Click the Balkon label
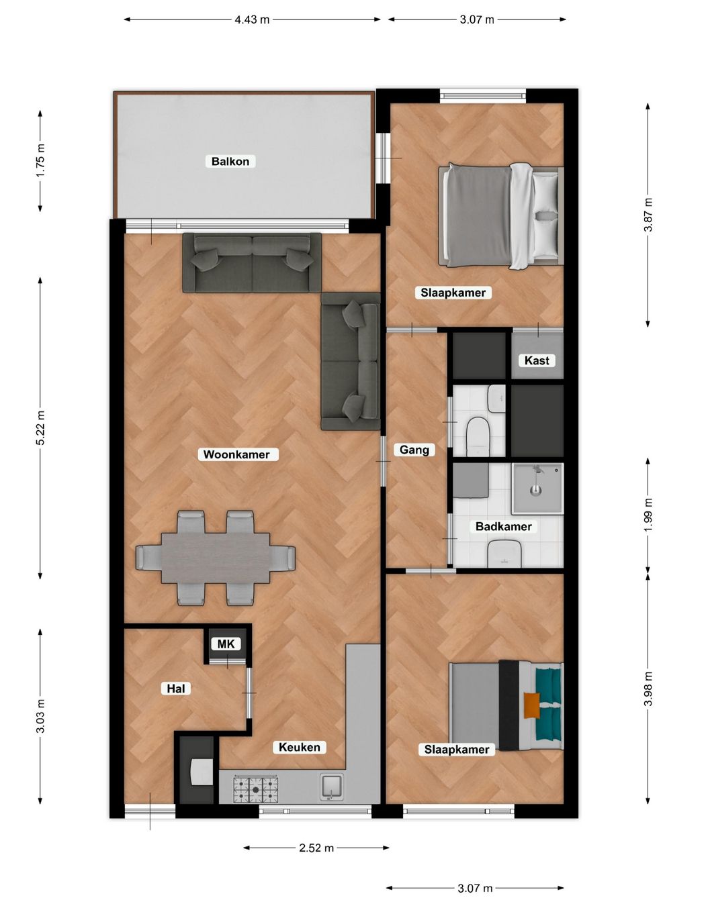point(230,161)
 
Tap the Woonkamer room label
point(236,454)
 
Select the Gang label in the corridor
point(414,450)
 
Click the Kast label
point(537,360)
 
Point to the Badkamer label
point(503,526)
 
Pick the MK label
point(226,644)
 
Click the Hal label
point(175,689)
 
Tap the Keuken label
point(299,747)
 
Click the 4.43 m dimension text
point(252,19)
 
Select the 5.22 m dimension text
point(40,427)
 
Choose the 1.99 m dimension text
point(648,515)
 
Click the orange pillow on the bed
point(531,705)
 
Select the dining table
point(215,558)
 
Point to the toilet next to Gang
point(478,436)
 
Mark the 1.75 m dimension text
point(40,160)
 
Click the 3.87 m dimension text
point(648,215)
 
